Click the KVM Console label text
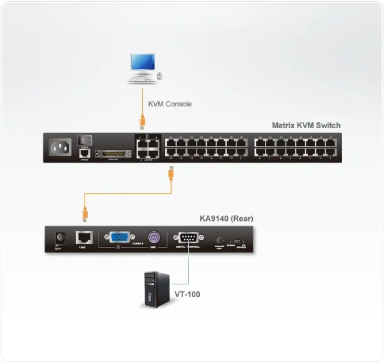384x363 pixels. [x=170, y=104]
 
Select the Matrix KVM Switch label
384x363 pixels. [x=306, y=125]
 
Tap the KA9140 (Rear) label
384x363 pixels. [x=226, y=218]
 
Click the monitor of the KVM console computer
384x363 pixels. [x=142, y=63]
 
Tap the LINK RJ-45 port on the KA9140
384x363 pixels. [x=83, y=237]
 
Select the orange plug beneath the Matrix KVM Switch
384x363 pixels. [x=172, y=172]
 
